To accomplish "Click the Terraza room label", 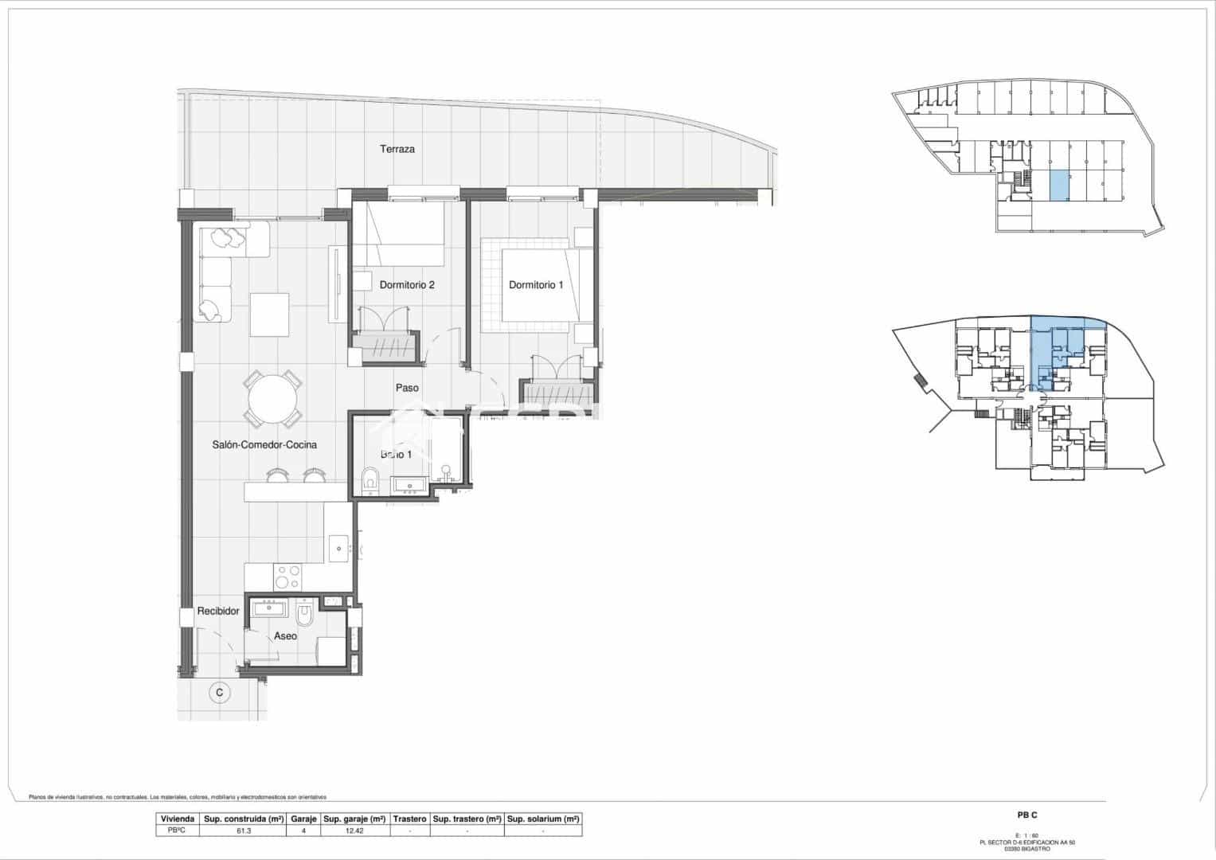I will (x=397, y=149).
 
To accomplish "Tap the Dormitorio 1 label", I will (x=536, y=284).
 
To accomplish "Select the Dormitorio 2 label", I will (x=406, y=284).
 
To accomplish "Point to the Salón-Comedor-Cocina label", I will (x=264, y=444).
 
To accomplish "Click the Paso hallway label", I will (x=407, y=388).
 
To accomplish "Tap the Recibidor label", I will (x=218, y=611).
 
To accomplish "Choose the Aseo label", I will (x=285, y=636).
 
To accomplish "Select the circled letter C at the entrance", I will (x=220, y=693).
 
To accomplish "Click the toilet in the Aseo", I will (x=305, y=616).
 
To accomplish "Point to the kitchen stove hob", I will (x=287, y=575).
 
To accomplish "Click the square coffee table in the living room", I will (x=270, y=315).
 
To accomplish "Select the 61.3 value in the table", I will (x=243, y=831).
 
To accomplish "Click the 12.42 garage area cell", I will (x=354, y=831).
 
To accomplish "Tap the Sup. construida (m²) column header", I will (x=243, y=819).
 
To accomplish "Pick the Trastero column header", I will (x=409, y=819).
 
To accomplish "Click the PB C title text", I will (x=1027, y=815).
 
